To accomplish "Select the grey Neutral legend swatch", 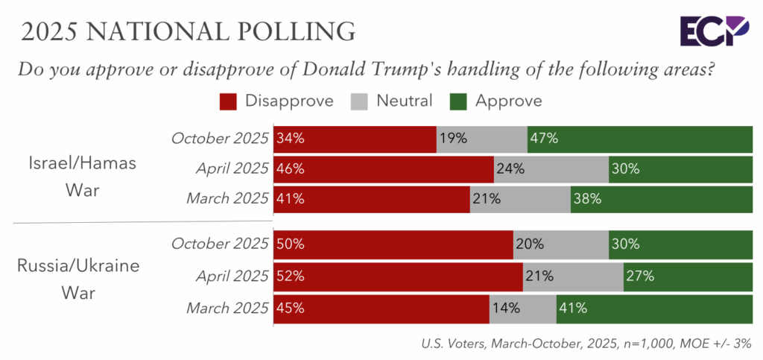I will [x=364, y=100].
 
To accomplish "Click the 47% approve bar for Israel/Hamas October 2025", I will [x=639, y=139].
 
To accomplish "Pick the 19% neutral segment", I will [x=481, y=139].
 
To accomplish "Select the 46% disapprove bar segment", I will [x=384, y=168].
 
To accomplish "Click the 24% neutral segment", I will [x=551, y=168].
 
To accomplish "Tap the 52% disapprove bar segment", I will [x=398, y=276].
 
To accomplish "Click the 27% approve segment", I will [x=687, y=276].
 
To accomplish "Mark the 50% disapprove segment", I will [x=393, y=244].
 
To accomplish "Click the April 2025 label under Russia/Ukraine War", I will [x=231, y=276].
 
